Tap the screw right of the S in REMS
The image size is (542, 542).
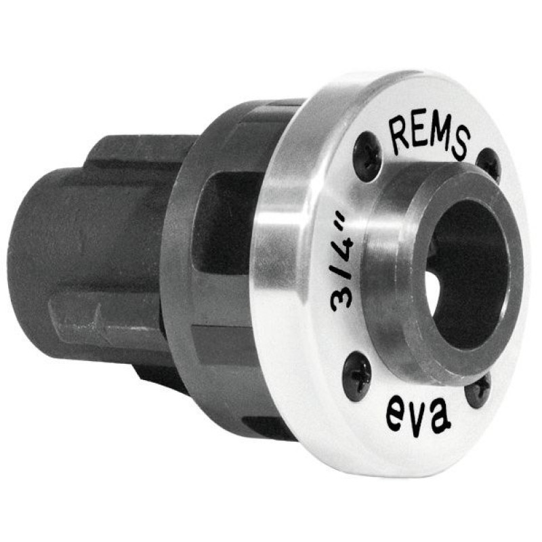click(487, 165)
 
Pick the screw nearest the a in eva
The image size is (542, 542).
click(478, 391)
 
